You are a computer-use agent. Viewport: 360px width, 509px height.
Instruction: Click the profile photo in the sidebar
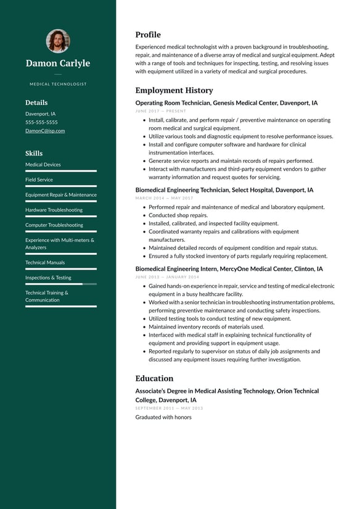[58, 41]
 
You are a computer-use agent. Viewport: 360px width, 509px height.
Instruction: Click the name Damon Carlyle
[58, 64]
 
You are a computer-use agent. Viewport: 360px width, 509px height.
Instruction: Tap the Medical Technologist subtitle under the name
[58, 84]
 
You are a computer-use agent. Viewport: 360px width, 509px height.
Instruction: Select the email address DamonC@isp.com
[45, 131]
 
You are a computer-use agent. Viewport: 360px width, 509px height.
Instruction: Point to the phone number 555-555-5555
[41, 122]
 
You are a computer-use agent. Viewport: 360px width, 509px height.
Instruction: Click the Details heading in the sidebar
[36, 103]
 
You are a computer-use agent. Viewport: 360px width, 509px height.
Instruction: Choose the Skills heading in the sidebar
[34, 153]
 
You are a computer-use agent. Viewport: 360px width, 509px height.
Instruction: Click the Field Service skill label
[39, 180]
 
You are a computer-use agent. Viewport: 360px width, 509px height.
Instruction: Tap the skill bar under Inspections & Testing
[60, 284]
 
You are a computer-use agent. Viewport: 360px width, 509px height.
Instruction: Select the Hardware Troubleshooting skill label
[54, 210]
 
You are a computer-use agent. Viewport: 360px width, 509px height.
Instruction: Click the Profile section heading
[148, 35]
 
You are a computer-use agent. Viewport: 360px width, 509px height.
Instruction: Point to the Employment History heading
[174, 90]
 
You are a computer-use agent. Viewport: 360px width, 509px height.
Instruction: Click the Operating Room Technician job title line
[226, 103]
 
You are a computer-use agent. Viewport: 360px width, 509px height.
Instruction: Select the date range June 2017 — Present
[160, 111]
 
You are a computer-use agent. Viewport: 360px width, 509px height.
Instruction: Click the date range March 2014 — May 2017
[164, 198]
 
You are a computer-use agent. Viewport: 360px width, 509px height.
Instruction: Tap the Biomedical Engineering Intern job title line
[229, 269]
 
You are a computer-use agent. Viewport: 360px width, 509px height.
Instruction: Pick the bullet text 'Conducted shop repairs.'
[178, 215]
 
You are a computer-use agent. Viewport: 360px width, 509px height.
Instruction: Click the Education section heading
[154, 378]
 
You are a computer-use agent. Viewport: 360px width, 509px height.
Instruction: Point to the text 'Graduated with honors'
[163, 417]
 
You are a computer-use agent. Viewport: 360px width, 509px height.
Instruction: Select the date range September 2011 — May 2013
[169, 408]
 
